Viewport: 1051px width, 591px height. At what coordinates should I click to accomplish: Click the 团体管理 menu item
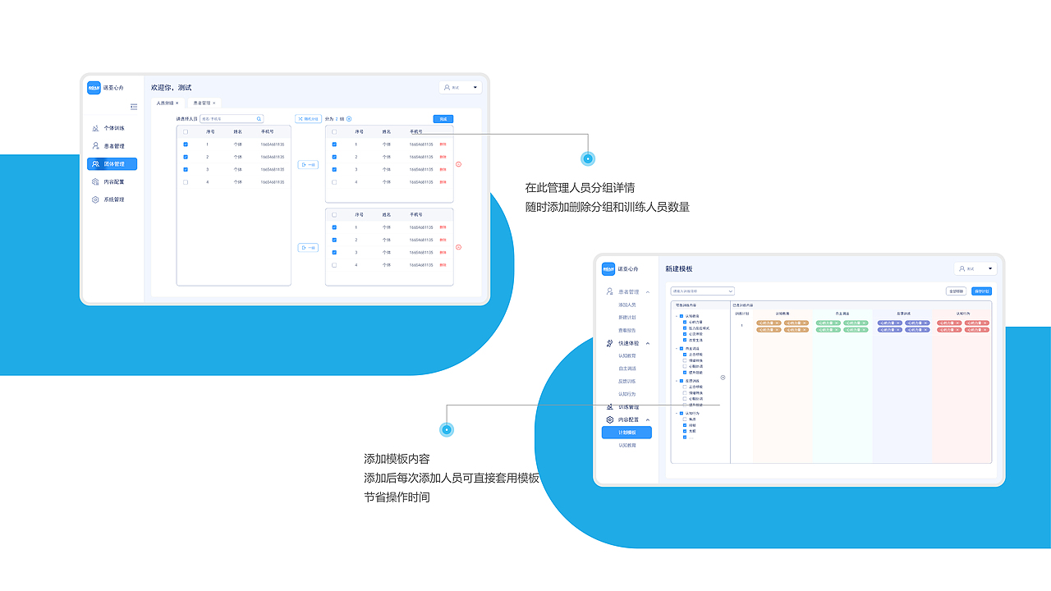tap(112, 164)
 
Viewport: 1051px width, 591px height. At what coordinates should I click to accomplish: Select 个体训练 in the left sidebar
tap(113, 129)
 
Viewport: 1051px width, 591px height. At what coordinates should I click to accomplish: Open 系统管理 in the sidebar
tap(113, 199)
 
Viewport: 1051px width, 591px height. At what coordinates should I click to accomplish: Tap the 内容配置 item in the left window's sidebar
tap(113, 182)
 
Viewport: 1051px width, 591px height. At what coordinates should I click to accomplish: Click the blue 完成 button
tap(443, 119)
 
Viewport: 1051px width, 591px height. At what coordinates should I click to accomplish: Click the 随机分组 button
tap(308, 119)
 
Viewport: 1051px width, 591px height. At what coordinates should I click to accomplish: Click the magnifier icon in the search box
tap(259, 119)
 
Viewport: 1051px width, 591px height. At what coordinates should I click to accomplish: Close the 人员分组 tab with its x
tap(177, 103)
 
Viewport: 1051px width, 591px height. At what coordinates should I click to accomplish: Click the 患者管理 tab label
tap(202, 103)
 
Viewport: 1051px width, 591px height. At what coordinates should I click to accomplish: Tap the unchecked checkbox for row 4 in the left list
tap(186, 182)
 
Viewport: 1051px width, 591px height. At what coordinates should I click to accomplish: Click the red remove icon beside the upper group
tap(458, 164)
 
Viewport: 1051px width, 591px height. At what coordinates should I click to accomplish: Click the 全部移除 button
tap(956, 291)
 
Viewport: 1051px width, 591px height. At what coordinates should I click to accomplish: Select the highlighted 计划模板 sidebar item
tap(626, 433)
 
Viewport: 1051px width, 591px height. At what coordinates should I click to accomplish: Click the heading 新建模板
tap(679, 268)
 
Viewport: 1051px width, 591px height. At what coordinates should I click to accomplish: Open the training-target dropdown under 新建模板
tap(702, 291)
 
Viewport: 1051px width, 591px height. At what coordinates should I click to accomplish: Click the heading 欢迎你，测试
tap(171, 87)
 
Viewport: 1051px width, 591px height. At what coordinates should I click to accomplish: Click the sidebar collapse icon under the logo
tap(134, 107)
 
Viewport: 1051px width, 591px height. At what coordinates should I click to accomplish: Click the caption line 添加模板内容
tap(397, 459)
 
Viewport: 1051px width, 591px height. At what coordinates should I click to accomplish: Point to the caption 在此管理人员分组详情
tap(580, 188)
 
